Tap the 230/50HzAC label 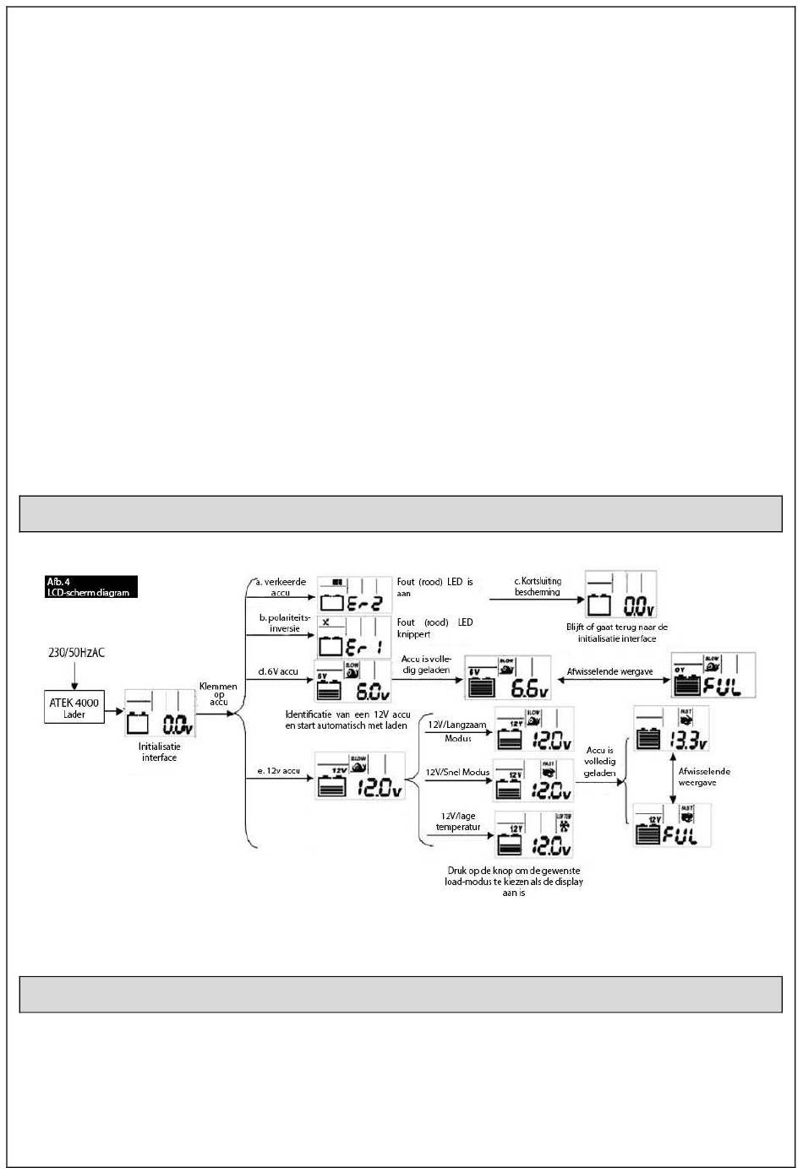pyautogui.click(x=75, y=653)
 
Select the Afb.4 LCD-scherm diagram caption pyautogui.click(x=90, y=587)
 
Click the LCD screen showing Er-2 pyautogui.click(x=355, y=595)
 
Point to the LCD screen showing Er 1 pyautogui.click(x=355, y=638)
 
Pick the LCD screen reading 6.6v pyautogui.click(x=508, y=677)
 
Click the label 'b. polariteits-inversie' pyautogui.click(x=284, y=623)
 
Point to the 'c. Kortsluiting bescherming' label pyautogui.click(x=538, y=587)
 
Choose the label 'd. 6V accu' pyautogui.click(x=278, y=671)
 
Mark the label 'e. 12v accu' pyautogui.click(x=279, y=771)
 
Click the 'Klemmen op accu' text pyautogui.click(x=218, y=694)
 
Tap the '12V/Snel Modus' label pyautogui.click(x=457, y=773)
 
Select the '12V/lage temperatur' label pyautogui.click(x=460, y=822)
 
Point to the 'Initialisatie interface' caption pyautogui.click(x=160, y=752)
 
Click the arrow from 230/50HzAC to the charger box pyautogui.click(x=75, y=675)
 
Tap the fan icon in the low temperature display pyautogui.click(x=564, y=825)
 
